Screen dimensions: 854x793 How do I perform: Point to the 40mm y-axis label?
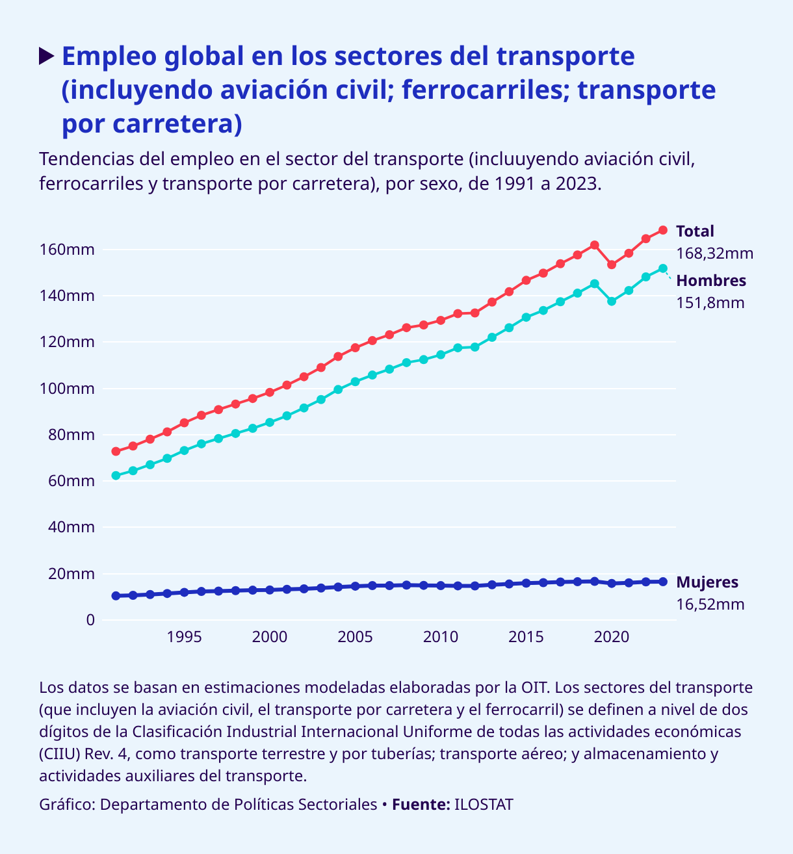click(x=71, y=527)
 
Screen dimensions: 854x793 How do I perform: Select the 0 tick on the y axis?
click(x=90, y=620)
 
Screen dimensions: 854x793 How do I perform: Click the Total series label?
click(x=695, y=231)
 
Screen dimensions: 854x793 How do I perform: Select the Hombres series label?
click(x=711, y=281)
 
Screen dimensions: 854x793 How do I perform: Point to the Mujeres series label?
click(x=707, y=582)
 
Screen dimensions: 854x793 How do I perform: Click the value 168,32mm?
click(x=714, y=253)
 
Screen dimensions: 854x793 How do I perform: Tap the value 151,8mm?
click(x=710, y=303)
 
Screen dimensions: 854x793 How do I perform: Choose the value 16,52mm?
click(x=710, y=604)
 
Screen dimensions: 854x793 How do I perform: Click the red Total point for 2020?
click(x=612, y=265)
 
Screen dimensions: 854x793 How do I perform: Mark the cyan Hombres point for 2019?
click(x=595, y=284)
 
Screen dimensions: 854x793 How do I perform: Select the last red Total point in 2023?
click(x=663, y=230)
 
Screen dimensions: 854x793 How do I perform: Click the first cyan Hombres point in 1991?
click(x=116, y=476)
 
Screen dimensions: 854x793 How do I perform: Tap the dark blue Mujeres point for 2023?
click(x=663, y=582)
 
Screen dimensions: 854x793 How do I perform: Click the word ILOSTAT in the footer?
click(x=484, y=805)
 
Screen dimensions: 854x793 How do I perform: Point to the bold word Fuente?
click(x=421, y=805)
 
